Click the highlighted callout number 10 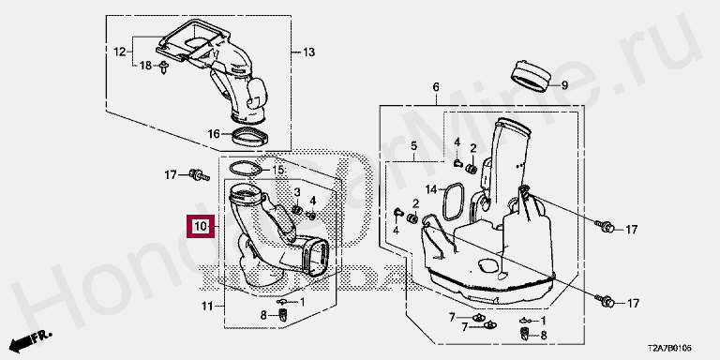point(201,226)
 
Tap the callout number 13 point(309,52)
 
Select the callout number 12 point(119,52)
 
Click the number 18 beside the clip point(145,67)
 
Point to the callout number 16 point(214,134)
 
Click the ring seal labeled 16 point(250,136)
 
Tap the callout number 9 point(564,85)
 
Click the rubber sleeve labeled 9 point(531,75)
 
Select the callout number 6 point(436,87)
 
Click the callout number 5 point(413,146)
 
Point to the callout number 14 point(430,189)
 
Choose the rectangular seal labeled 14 point(453,202)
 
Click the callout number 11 point(207,306)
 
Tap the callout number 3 point(297,191)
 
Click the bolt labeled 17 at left point(199,174)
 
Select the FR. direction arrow point(31,340)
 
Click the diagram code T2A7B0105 point(669,349)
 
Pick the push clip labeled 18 point(164,67)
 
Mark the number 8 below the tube point(263,315)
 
